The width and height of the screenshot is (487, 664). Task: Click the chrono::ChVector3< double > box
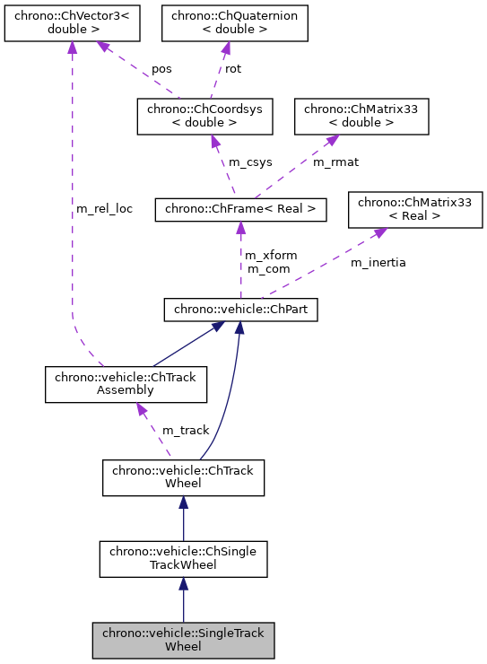coord(72,23)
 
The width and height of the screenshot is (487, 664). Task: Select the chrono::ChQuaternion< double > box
coord(234,23)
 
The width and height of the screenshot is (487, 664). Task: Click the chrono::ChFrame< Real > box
coord(239,210)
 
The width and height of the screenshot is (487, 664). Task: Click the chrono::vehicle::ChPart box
coord(239,310)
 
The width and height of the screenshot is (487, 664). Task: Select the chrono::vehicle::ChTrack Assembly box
coord(126,384)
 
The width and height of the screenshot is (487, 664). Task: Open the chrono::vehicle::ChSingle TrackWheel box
coord(183,558)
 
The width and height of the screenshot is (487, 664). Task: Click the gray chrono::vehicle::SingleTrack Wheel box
coord(183,640)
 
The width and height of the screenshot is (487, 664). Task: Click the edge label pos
coord(161,68)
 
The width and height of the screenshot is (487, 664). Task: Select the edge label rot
coord(232,68)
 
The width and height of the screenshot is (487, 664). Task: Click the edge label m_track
coord(185,432)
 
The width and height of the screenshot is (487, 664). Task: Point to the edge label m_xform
coord(271,256)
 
